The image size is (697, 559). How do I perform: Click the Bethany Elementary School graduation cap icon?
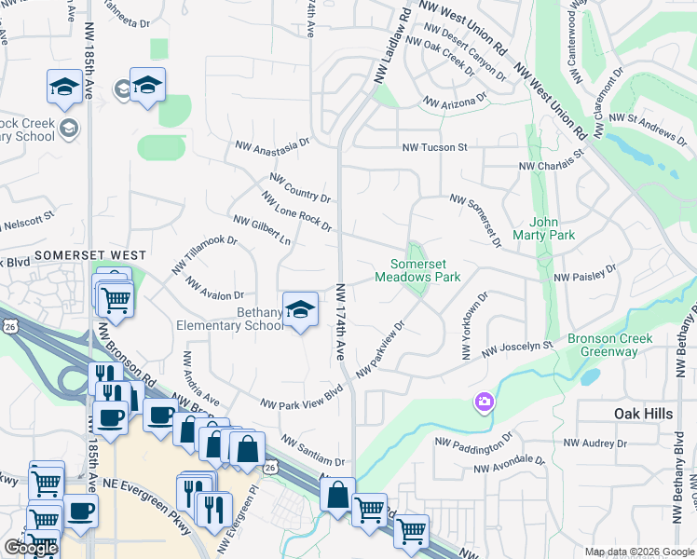pos(300,311)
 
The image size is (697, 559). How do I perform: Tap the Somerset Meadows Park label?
pos(417,270)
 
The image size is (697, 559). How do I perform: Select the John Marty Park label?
pos(551,228)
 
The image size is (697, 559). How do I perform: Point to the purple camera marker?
pos(485,402)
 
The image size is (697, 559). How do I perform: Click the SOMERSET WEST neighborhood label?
pos(90,254)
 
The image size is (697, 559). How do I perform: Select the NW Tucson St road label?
pos(434,147)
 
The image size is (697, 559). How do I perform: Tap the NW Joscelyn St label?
pos(517,350)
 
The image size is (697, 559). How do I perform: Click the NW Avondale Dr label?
pos(509,465)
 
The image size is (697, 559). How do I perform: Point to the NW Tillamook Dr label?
pos(204,254)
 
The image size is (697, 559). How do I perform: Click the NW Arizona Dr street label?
pos(456,100)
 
